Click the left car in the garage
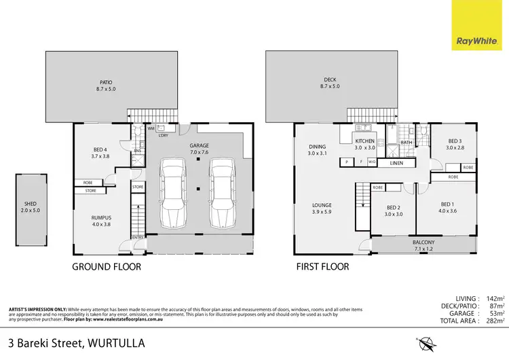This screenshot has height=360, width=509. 174,193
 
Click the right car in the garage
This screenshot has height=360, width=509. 223,193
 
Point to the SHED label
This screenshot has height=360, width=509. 31,206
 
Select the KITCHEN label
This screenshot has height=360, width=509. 365,142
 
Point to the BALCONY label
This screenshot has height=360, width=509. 424,242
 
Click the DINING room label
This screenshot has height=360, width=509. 317,146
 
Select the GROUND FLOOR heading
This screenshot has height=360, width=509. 107,267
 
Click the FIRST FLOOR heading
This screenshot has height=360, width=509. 322,267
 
